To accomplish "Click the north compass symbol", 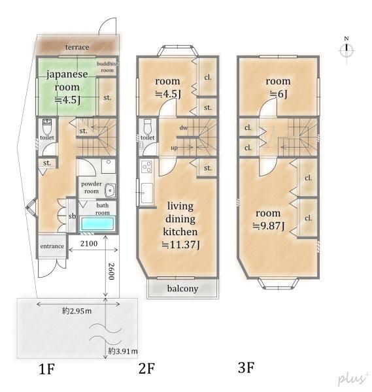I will point(347,50).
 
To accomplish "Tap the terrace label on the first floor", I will point(76,47).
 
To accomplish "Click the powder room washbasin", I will point(109,191).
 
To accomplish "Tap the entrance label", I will point(52,246).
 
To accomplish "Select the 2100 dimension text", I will point(90,244).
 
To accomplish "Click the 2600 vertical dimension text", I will point(112,272).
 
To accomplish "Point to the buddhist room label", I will point(107,66).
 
